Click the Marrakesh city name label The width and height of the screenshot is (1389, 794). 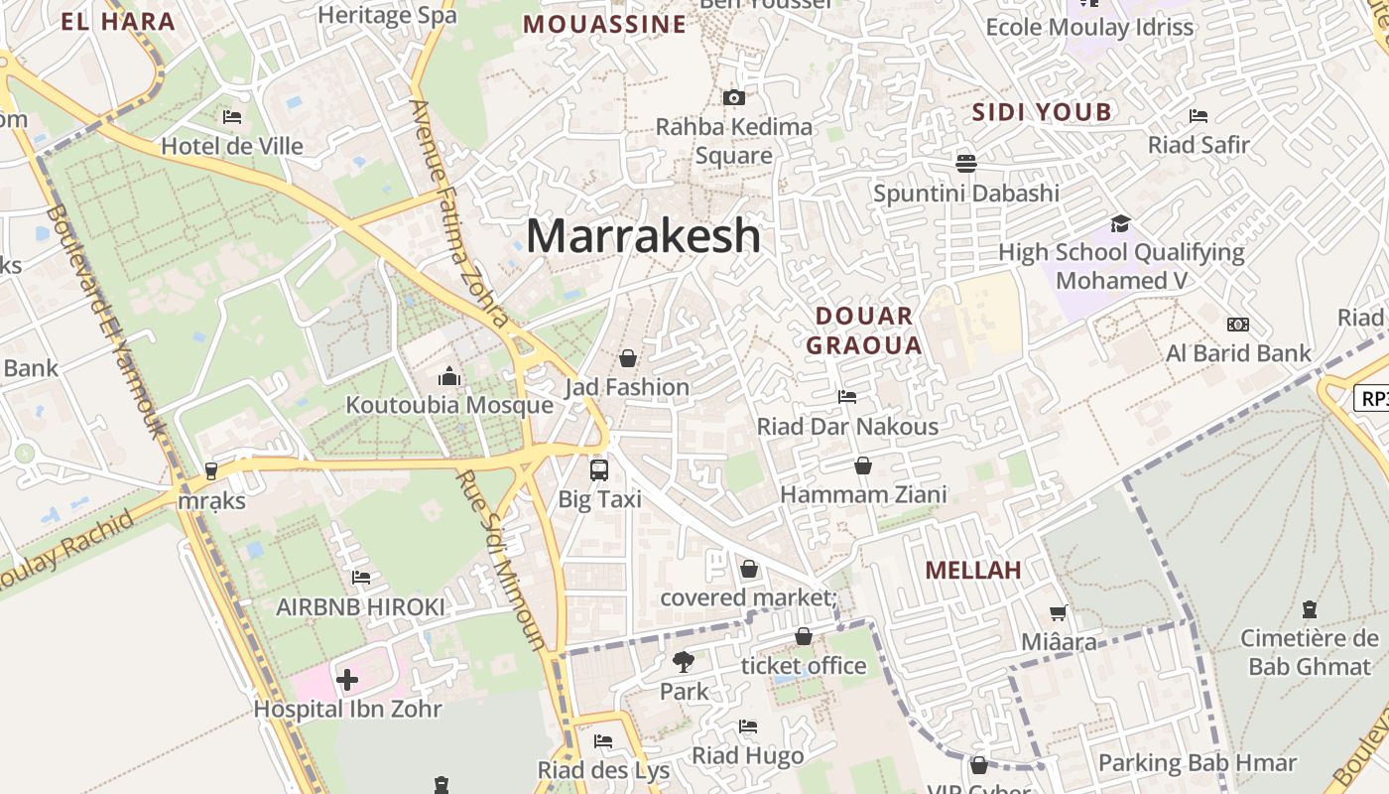point(643,236)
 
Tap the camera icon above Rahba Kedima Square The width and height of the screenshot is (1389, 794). point(733,97)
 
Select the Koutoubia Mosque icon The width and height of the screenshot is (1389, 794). point(449,377)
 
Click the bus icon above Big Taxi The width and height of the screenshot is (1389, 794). point(599,469)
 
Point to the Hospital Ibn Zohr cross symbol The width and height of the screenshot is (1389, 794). point(347,680)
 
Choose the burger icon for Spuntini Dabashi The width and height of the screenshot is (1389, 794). point(966,162)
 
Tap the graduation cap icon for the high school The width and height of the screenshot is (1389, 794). point(1120,223)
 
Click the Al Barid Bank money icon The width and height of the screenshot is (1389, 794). point(1237,325)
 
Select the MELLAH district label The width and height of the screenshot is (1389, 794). point(973,571)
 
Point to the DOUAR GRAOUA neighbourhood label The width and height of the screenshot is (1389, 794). point(864,331)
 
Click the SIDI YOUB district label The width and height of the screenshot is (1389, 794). point(1042,112)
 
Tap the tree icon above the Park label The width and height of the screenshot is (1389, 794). point(684,661)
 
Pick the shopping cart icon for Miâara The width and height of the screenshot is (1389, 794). point(1059,613)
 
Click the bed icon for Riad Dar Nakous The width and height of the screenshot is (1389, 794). point(846,397)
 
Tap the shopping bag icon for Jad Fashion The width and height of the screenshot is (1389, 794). point(627,357)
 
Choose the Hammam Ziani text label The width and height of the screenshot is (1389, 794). point(863,494)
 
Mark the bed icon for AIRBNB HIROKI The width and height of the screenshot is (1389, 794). point(361,577)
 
